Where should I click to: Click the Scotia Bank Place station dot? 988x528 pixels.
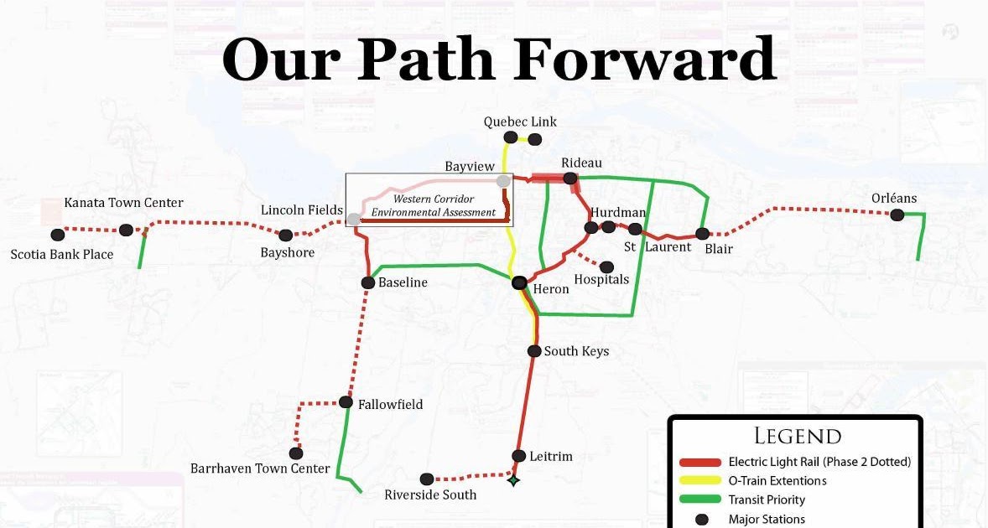coord(57,235)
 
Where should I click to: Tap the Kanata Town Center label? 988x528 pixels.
coord(123,203)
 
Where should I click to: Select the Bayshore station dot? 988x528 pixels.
coord(286,235)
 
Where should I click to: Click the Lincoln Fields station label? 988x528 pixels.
coord(301,210)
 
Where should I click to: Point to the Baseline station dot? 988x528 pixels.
coord(367,282)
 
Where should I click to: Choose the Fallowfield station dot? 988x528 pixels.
coord(346,402)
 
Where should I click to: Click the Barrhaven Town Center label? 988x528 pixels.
coord(260,468)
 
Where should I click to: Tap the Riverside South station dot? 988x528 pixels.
coord(427,479)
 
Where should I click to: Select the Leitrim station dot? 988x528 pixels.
coord(518,456)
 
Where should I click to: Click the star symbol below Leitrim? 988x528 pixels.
coord(512,480)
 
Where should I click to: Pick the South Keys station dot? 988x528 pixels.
coord(533,351)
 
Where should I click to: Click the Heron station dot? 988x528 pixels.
coord(519,283)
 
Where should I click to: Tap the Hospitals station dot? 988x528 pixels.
coord(606,267)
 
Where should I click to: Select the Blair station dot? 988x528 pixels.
coord(703,234)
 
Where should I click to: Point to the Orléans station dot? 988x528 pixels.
coord(897,215)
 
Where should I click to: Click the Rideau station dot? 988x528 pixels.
coord(570,178)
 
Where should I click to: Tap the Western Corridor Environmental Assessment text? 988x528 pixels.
coord(434,206)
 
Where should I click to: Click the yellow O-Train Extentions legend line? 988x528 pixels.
coord(700,481)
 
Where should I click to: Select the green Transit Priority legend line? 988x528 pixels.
coord(700,500)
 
